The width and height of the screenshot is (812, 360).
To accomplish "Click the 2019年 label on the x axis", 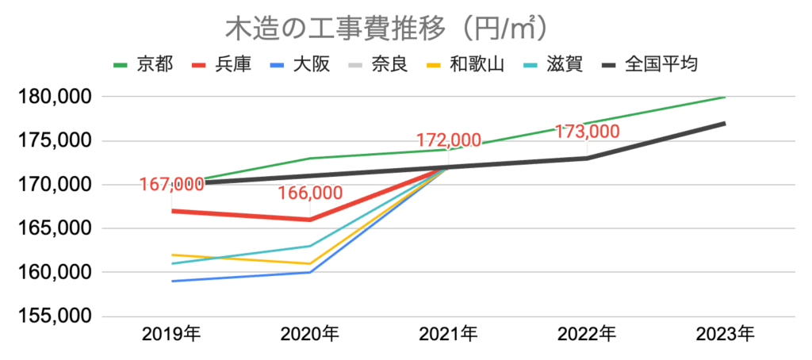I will [172, 335].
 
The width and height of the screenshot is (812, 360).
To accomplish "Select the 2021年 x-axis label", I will [448, 335].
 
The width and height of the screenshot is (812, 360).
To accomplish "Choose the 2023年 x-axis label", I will [725, 335].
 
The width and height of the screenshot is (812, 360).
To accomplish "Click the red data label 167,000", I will [171, 184].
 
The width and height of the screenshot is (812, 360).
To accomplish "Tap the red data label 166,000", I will [310, 193].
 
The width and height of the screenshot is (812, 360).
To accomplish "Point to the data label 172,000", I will [448, 140].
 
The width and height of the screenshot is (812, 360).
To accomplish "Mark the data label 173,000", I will [586, 131].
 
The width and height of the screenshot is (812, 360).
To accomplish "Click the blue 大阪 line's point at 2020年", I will [310, 272].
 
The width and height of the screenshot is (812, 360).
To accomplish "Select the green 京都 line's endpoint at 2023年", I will [724, 98].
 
